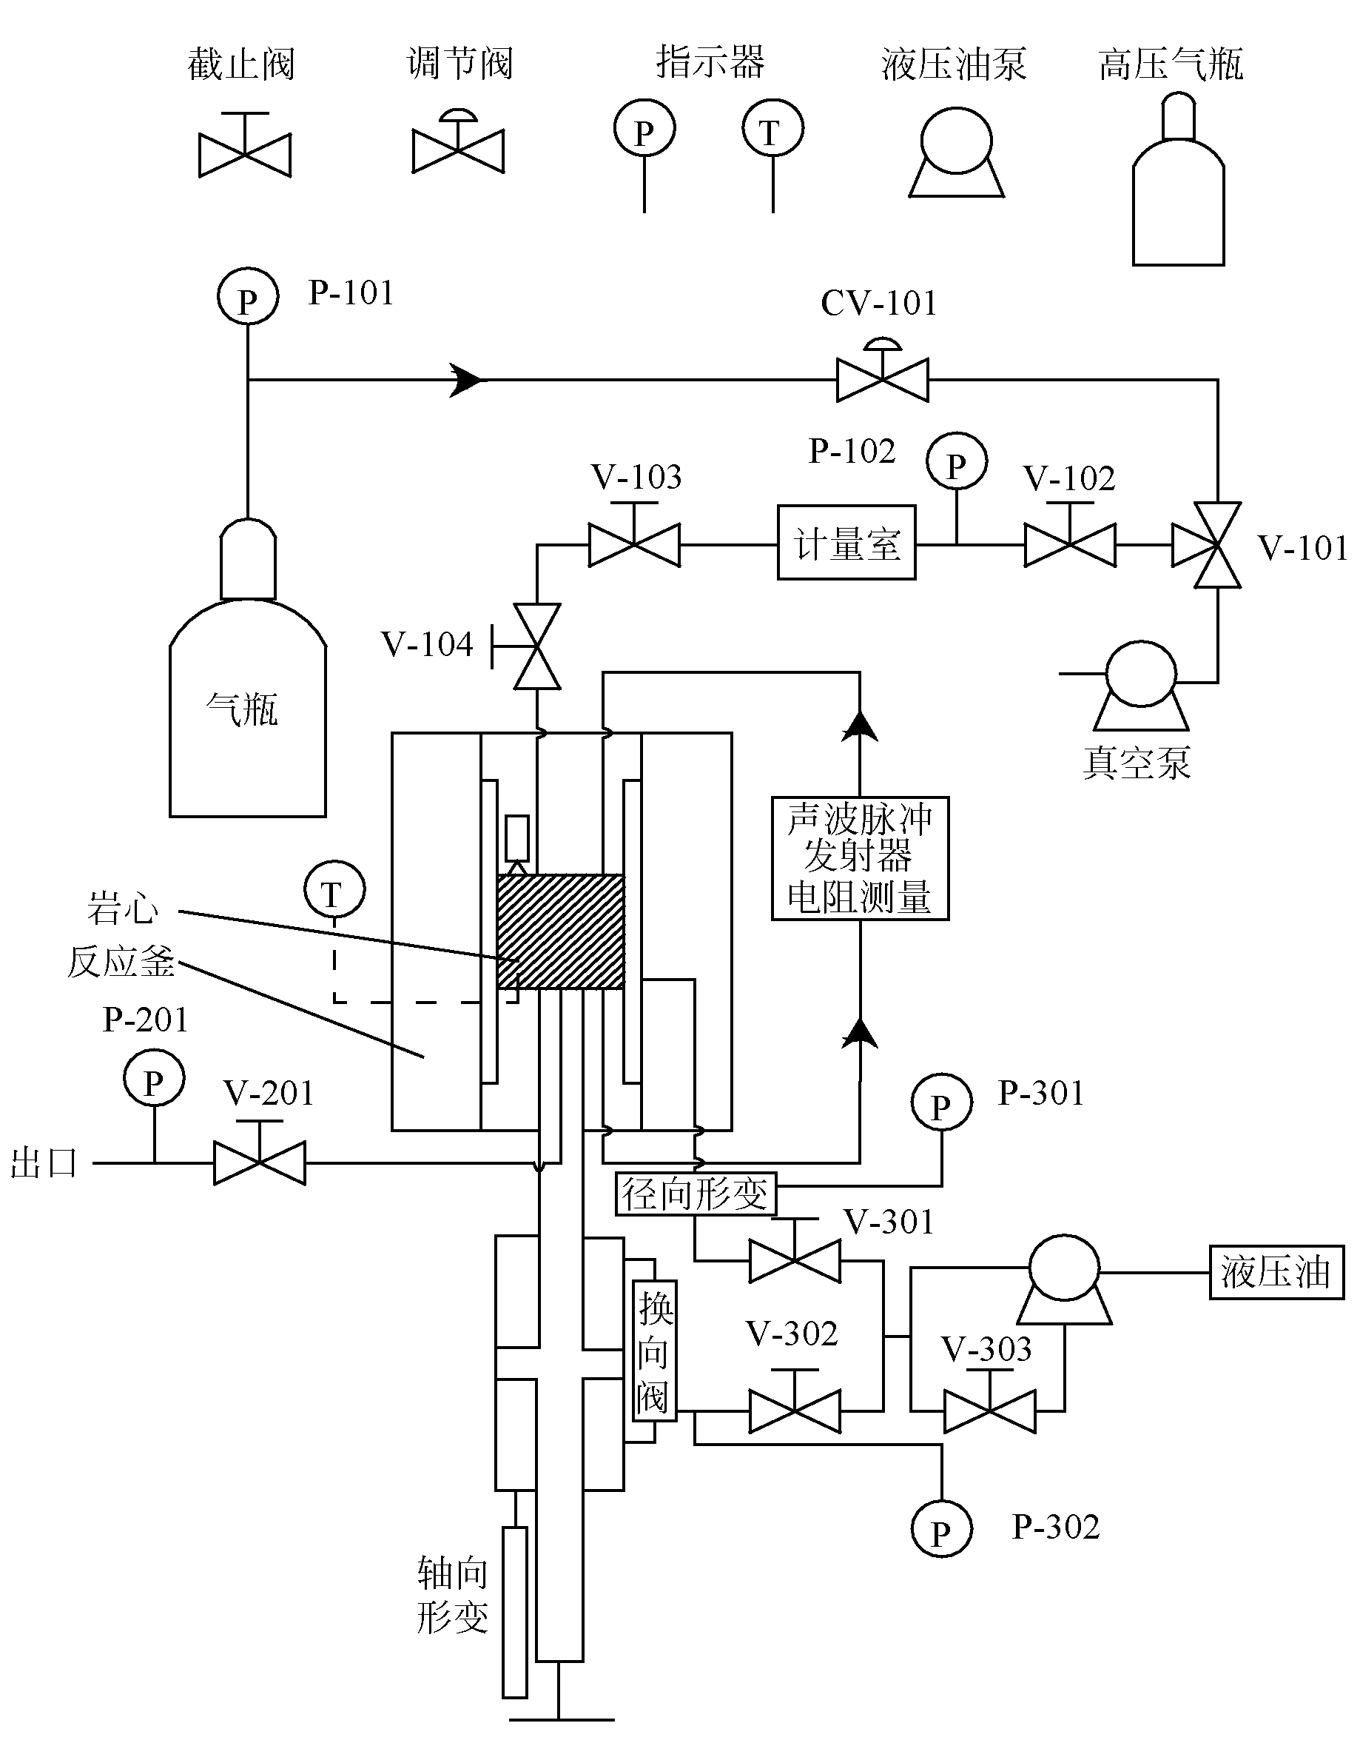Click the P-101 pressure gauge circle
(248, 297)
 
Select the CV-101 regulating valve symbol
(882, 371)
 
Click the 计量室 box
(846, 543)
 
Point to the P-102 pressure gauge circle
(957, 463)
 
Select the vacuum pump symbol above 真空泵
(1142, 686)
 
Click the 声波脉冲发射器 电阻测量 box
(860, 859)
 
